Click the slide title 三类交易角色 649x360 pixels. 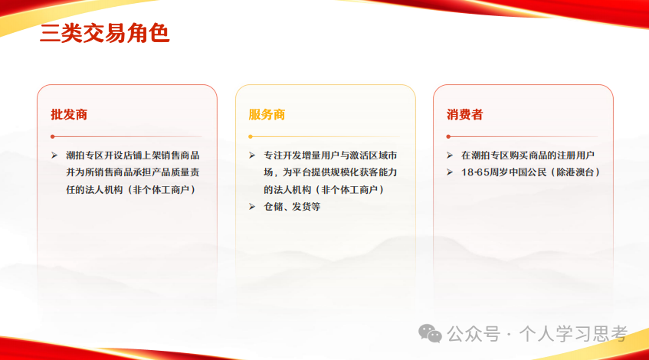coord(104,34)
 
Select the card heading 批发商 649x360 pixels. coord(69,115)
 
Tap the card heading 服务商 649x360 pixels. coord(267,115)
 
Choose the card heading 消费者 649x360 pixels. coord(465,115)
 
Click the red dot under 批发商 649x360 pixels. coord(52,136)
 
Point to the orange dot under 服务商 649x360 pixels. coord(251,136)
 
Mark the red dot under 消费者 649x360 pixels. coord(448,136)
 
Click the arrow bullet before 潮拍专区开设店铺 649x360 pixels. coord(54,155)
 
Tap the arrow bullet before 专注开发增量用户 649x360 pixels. coord(252,155)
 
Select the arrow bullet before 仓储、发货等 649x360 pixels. coord(252,207)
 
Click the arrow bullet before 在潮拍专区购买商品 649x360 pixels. coord(451,155)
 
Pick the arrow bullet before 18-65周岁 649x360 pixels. coord(451,172)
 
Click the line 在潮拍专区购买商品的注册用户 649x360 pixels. coord(528,155)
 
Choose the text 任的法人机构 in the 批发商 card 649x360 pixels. coord(89,189)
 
